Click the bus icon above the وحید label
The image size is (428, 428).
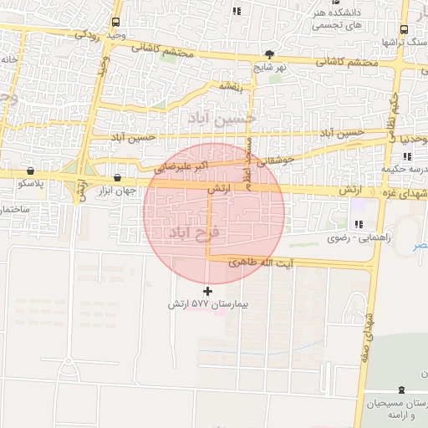pos(115,22)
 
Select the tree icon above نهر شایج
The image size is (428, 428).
pos(268,54)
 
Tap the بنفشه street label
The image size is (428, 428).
pos(230,84)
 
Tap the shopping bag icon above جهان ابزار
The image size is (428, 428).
pos(117,177)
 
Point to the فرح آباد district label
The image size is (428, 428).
pos(193,230)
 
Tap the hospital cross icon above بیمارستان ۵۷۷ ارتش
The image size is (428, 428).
pos(207,291)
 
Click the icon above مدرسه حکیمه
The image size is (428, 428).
pos(406,155)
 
